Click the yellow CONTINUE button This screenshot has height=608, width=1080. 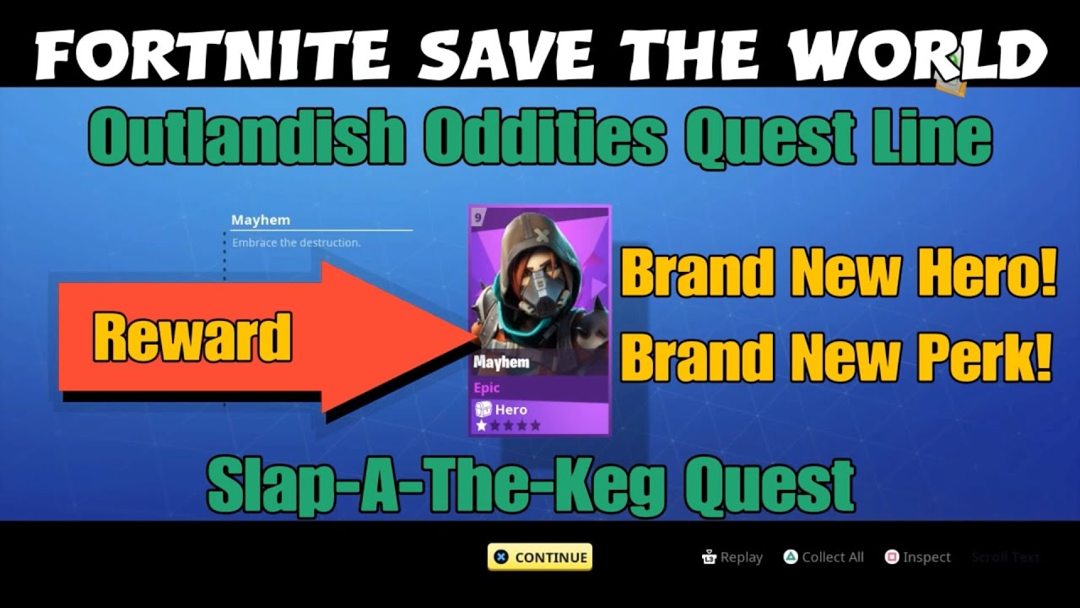(x=540, y=557)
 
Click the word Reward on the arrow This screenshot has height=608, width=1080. (x=192, y=338)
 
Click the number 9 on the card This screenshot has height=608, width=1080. (x=478, y=219)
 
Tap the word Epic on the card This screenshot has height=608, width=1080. (x=487, y=388)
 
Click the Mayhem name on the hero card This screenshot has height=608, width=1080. (x=501, y=362)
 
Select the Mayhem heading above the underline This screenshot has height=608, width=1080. (x=261, y=220)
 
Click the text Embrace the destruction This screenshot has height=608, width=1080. (x=296, y=242)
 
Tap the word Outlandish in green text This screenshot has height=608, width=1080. (x=245, y=137)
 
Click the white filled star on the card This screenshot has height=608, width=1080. (x=482, y=426)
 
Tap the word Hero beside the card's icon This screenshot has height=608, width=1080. (x=510, y=410)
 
